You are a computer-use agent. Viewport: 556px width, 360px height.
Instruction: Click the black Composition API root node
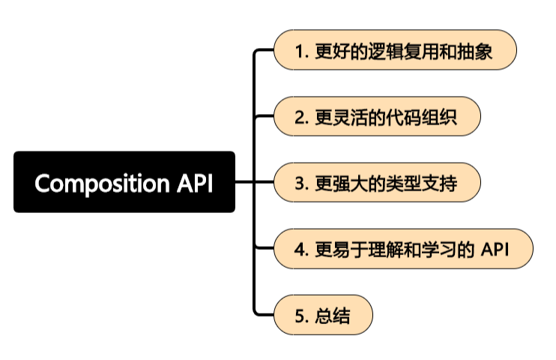pos(124,182)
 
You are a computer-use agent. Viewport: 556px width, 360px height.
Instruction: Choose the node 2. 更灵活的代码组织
pos(376,116)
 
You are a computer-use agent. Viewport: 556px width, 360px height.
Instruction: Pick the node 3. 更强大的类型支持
pos(376,182)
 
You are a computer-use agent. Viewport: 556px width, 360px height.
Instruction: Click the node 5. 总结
pos(323,316)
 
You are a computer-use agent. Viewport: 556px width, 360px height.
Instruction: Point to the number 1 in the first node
pos(300,51)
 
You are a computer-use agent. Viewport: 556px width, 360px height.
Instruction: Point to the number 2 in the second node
pos(300,117)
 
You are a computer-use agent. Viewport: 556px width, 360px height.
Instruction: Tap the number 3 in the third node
pos(300,183)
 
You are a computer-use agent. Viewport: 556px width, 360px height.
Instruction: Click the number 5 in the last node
pos(300,316)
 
